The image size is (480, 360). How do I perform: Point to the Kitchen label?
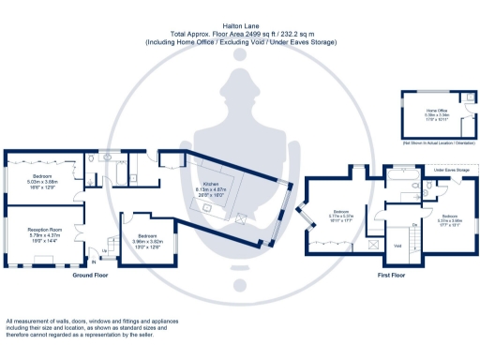[x=211, y=188]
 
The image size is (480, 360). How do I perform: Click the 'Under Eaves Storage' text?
[x=451, y=170]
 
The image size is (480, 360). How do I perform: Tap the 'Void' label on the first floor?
[x=397, y=246]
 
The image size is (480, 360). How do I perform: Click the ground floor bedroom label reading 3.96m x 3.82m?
[x=148, y=239]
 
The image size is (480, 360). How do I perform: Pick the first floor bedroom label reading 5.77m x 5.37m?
[x=338, y=217]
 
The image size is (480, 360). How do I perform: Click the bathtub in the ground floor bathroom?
[x=97, y=155]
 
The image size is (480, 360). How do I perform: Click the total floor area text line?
[x=240, y=36]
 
